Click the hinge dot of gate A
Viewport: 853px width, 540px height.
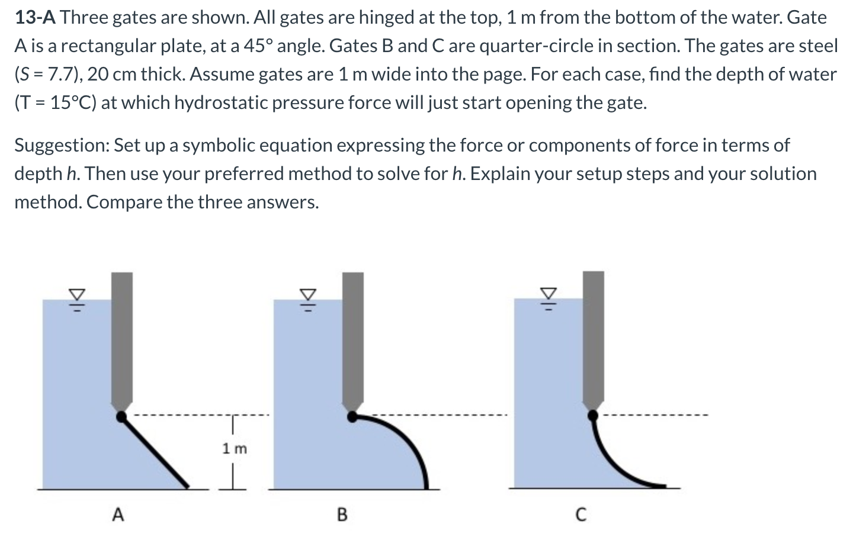tap(121, 417)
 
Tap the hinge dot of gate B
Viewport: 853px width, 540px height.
tap(352, 417)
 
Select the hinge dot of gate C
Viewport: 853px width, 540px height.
tap(592, 416)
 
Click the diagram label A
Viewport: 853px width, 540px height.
tap(118, 515)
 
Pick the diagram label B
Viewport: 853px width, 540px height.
tap(342, 515)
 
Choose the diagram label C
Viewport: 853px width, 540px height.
tap(581, 515)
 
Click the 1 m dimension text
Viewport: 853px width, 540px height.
tap(235, 448)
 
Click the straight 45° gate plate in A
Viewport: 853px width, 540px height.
tap(155, 452)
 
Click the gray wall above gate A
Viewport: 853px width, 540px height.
tap(122, 337)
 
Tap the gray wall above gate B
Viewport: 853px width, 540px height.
tap(353, 337)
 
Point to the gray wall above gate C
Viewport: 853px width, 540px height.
tap(594, 337)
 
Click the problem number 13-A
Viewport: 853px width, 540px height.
tap(35, 18)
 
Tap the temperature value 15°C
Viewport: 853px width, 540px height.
tap(72, 103)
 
